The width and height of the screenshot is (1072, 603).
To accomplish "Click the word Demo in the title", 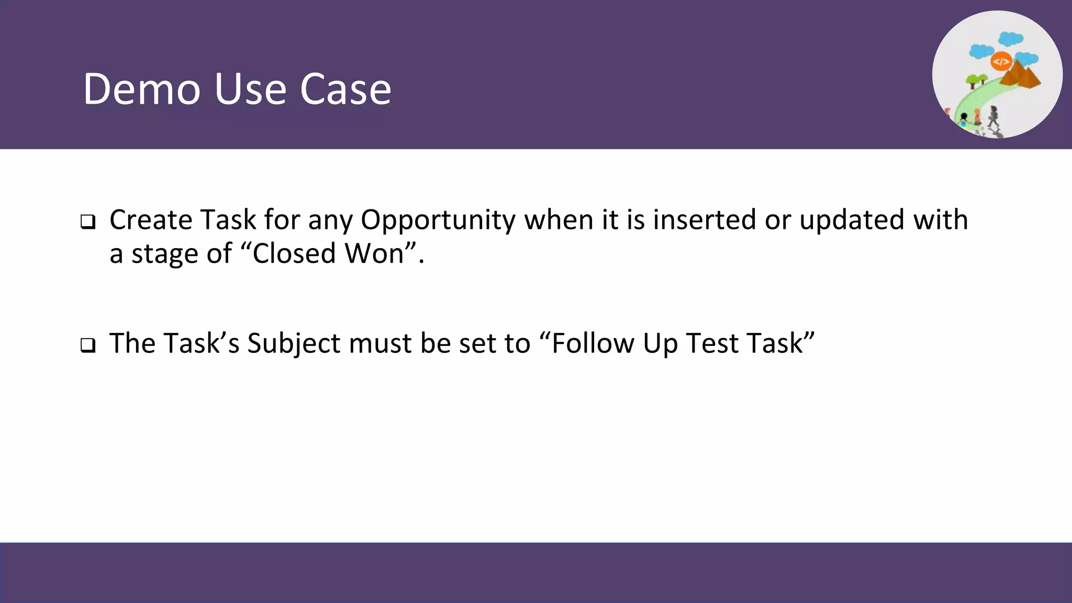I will pos(141,89).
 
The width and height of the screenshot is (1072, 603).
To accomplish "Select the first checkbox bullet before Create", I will pos(88,222).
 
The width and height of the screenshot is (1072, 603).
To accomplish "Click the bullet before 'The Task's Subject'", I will pos(88,345).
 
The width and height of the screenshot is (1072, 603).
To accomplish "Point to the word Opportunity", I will pos(438,220).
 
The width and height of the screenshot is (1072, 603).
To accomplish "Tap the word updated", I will pos(852,220).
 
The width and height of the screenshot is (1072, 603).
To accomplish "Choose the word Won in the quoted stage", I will pos(374,254).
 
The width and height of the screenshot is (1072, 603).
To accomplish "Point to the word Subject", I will pos(294,344).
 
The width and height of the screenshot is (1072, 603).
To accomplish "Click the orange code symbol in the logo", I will pos(1001,62).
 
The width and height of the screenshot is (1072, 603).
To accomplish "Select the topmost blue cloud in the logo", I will pos(1010,39).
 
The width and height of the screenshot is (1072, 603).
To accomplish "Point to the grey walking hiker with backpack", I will pos(993,117).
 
